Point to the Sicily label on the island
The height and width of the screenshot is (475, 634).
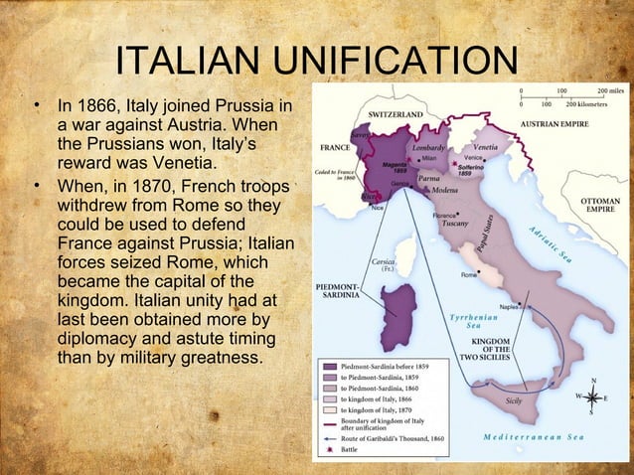tap(514, 399)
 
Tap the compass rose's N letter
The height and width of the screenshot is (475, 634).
tap(593, 379)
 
